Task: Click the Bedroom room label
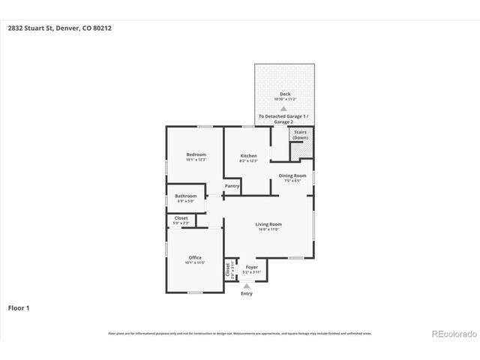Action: tap(196, 154)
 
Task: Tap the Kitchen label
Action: tap(248, 156)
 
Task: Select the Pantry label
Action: tap(232, 186)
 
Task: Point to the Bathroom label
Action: tap(186, 196)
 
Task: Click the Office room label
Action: tap(195, 257)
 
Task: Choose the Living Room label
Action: tap(268, 224)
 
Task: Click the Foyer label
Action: tap(252, 267)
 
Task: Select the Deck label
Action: tap(285, 94)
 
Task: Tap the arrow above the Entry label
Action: tap(247, 286)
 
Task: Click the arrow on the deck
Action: tap(283, 108)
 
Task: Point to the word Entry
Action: tap(247, 293)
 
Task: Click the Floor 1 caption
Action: tap(19, 307)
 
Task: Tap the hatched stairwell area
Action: tap(300, 150)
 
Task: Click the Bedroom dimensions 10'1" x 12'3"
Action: tap(196, 160)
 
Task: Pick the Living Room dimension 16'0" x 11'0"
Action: tap(268, 229)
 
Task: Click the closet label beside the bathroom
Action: tap(181, 218)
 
